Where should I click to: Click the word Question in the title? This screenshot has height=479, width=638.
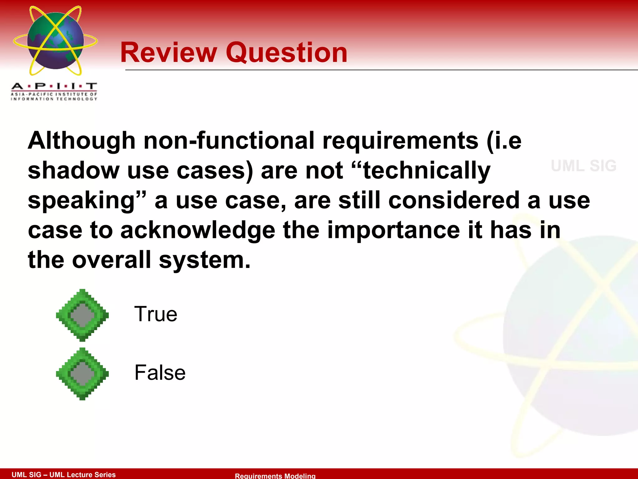click(x=286, y=53)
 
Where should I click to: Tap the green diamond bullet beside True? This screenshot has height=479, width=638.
click(x=82, y=315)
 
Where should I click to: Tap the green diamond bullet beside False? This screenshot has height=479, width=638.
click(x=82, y=374)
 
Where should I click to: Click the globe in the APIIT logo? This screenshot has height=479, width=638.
click(x=55, y=41)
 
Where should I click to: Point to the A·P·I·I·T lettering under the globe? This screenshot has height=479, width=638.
click(x=54, y=86)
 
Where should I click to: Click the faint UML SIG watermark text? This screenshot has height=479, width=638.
click(x=583, y=166)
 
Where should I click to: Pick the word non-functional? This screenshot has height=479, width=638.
click(x=229, y=141)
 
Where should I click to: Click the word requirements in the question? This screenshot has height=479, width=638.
click(x=400, y=141)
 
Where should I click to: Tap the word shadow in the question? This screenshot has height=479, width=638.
click(x=74, y=171)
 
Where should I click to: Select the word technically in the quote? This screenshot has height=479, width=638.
click(x=427, y=171)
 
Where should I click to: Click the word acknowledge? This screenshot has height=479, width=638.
click(x=198, y=230)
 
